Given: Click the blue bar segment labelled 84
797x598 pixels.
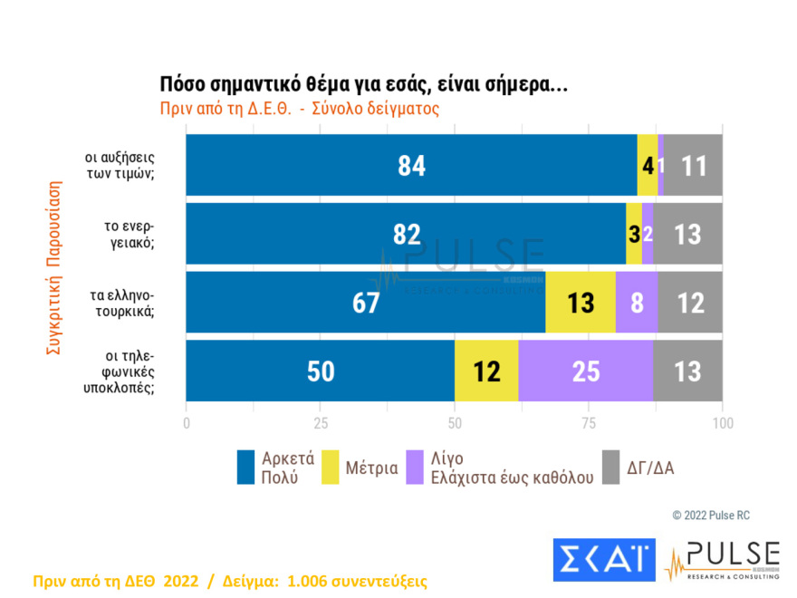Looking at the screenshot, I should [x=411, y=166].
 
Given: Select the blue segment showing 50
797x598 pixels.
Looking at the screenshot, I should [x=320, y=371].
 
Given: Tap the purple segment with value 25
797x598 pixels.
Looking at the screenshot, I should [x=585, y=371].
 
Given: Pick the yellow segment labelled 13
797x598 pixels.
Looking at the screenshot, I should [x=580, y=303].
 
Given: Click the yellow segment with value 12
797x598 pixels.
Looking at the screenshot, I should [x=486, y=371].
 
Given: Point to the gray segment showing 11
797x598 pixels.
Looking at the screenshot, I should [x=693, y=166].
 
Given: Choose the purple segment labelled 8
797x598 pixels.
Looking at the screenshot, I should [x=636, y=303].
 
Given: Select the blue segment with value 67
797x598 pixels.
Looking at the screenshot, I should [x=365, y=303].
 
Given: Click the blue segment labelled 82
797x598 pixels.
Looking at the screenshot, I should [x=406, y=234].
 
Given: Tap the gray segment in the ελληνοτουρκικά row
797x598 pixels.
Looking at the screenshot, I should [x=690, y=303].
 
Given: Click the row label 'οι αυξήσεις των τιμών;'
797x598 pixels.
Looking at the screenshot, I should [x=126, y=166].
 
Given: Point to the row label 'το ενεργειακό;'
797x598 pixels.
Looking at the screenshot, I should [x=127, y=234].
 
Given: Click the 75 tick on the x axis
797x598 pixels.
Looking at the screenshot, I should [x=589, y=423].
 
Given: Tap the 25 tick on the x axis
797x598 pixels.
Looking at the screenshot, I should [x=320, y=423].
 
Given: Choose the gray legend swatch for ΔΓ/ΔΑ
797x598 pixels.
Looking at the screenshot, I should [x=611, y=468].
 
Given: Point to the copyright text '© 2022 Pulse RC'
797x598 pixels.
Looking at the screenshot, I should [x=711, y=516].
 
